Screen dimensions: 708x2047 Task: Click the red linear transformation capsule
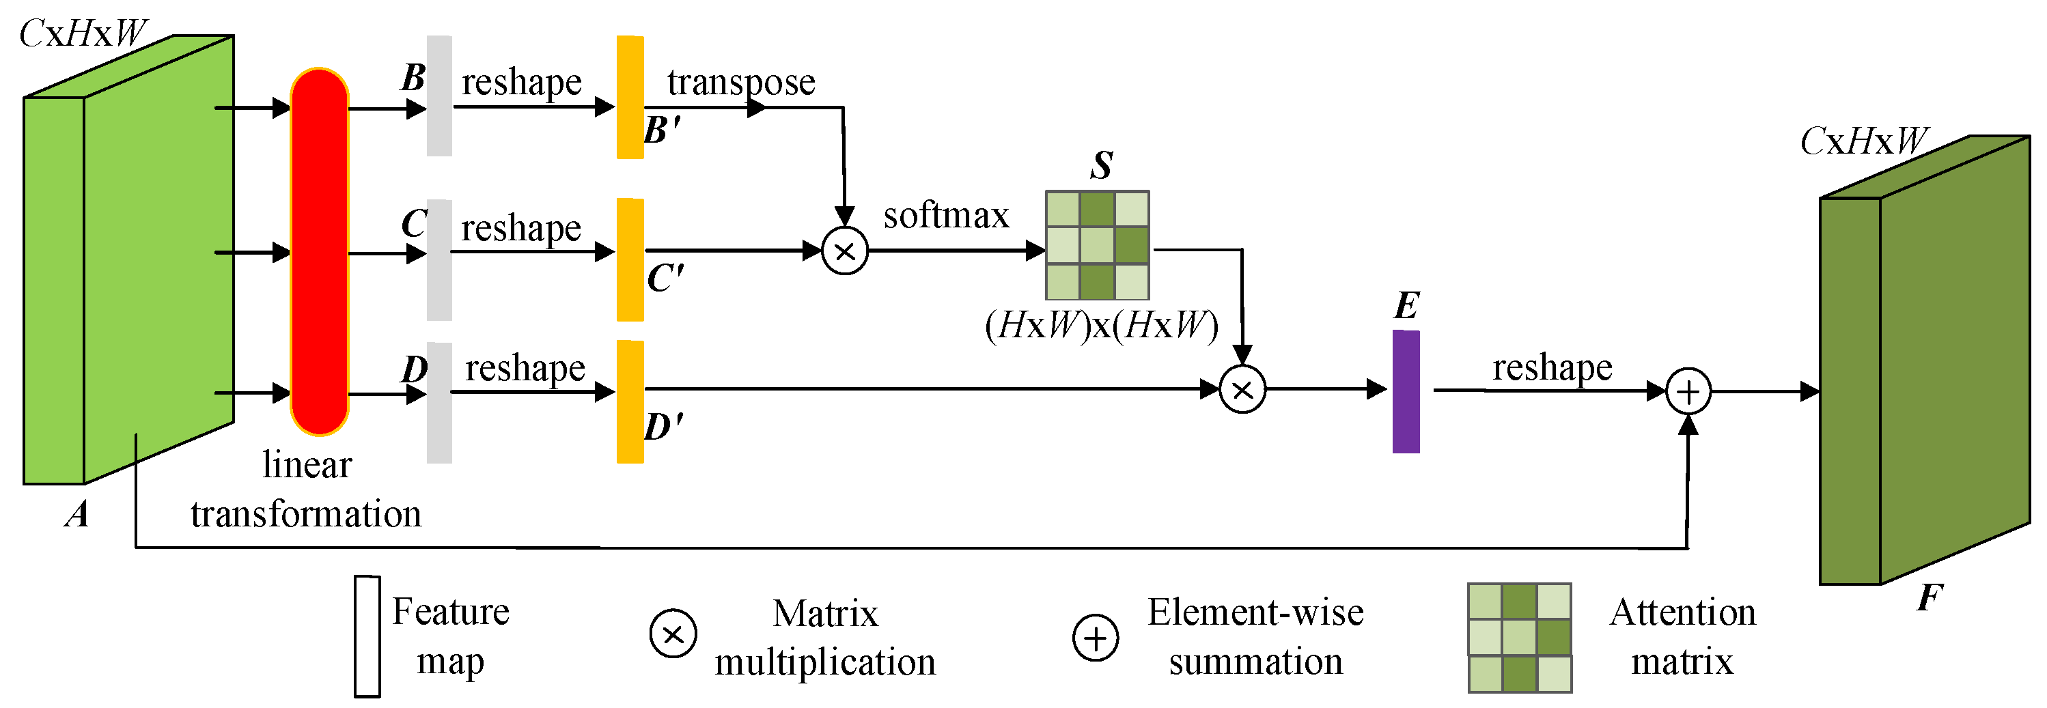[319, 252]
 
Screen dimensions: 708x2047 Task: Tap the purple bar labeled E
[1405, 392]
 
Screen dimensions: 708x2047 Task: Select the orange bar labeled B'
[629, 97]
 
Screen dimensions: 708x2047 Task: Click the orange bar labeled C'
[629, 259]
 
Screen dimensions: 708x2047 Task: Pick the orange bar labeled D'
[629, 401]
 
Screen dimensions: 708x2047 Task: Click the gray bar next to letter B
[438, 96]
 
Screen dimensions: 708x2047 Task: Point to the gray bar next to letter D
[438, 402]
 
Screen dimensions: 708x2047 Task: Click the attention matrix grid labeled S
[1097, 244]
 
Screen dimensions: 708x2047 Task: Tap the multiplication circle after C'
[844, 251]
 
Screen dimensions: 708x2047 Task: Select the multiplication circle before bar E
[1241, 389]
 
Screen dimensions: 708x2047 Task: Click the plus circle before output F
[1687, 392]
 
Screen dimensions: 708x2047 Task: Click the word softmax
[945, 215]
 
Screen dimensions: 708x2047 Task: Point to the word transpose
[740, 82]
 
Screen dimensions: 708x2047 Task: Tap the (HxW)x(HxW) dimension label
[1100, 325]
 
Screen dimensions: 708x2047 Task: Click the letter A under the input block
[77, 514]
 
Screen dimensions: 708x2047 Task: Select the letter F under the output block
[1929, 597]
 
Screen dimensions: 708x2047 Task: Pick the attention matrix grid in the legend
[1518, 637]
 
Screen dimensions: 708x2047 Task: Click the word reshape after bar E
[1551, 367]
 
